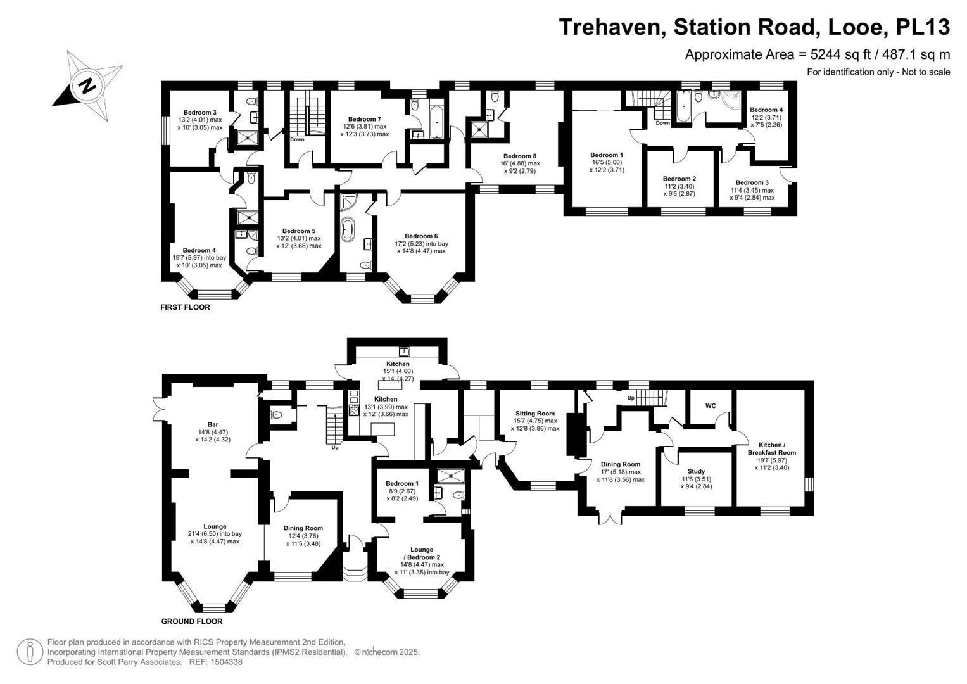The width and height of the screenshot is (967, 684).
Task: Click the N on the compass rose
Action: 87,86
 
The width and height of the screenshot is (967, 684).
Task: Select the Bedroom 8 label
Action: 520,156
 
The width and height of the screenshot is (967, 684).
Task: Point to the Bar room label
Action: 212,424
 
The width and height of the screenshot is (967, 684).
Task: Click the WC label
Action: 711,405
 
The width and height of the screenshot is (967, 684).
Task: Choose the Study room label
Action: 696,471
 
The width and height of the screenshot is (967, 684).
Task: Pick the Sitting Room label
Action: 535,413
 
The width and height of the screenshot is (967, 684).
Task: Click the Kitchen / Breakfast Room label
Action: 772,448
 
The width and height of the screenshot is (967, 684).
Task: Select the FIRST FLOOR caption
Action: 185,307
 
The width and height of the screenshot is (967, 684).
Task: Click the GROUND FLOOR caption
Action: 192,621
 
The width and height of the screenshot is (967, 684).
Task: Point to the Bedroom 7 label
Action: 365,119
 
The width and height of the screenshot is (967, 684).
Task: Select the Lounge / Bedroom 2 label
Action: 422,554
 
